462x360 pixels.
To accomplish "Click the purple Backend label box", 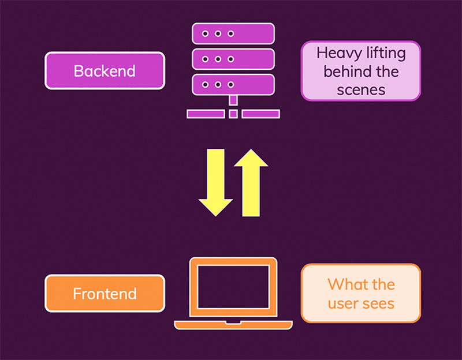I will coord(105,71).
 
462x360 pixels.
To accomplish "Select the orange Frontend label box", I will coord(105,294).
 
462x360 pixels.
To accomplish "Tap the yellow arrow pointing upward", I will coord(251,180).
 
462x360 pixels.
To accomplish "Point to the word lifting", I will coord(386,54).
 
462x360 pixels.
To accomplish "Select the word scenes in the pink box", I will coord(361,89).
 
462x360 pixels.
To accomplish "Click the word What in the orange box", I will coord(345,284).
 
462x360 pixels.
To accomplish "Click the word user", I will coord(344,303).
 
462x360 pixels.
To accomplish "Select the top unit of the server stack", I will coord(233,34).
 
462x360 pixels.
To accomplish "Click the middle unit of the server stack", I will coord(233,59).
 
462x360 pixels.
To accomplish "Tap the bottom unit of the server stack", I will coord(233,84).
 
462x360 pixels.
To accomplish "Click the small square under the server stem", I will coord(233,114).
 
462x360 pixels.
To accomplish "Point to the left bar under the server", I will coord(206,114).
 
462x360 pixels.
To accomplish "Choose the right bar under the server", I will coord(260,114).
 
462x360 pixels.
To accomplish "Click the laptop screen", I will coord(233,287).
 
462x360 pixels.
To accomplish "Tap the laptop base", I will coord(233,325).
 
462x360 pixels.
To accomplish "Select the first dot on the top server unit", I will coord(205,34).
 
